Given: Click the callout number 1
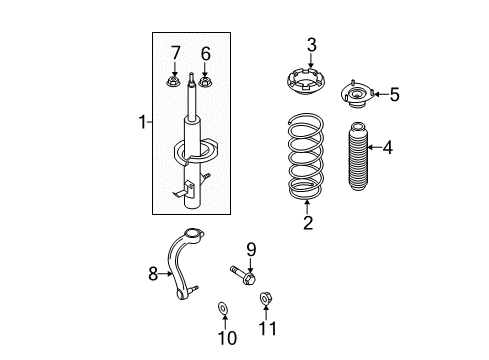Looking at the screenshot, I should click(x=141, y=123).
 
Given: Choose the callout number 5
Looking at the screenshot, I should click(x=394, y=95).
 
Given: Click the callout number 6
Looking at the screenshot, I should click(x=206, y=52).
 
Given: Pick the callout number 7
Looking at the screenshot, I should click(x=174, y=52).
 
